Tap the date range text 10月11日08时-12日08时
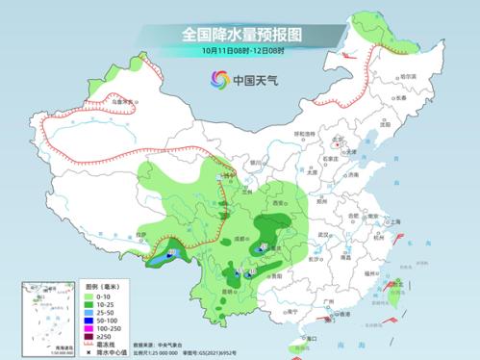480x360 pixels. click(x=240, y=49)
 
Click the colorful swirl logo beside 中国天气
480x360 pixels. click(x=214, y=80)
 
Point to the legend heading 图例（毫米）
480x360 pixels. click(x=101, y=286)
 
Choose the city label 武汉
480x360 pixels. click(x=324, y=234)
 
